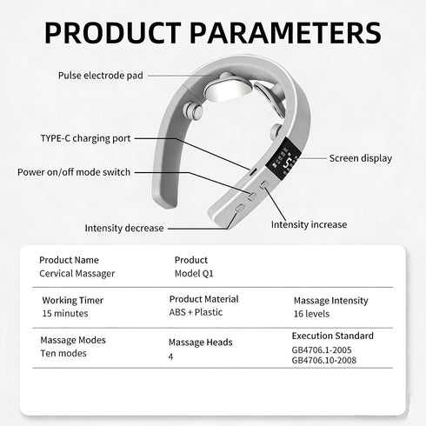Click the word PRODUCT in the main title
112,32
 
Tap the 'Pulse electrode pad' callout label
101,76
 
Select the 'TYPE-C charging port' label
85,138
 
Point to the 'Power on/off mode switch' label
74,172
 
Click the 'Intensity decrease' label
124,228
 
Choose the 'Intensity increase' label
309,224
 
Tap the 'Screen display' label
361,158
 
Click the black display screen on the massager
283,158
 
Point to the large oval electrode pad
228,90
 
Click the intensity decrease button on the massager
240,208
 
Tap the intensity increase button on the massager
264,184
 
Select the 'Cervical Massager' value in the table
77,273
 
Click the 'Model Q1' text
194,273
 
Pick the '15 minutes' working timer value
65,313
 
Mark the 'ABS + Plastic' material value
196,312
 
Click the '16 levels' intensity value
311,314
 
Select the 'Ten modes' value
63,353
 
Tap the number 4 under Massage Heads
170,356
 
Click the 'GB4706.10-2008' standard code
324,360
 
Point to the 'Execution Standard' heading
333,336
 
